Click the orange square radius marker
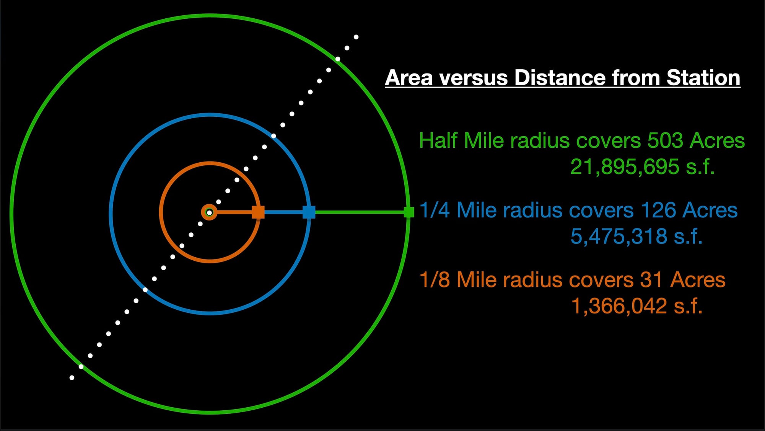coord(258,212)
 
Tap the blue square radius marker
coord(309,212)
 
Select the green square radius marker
coord(409,212)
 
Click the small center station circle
coord(209,212)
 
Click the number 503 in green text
coord(665,140)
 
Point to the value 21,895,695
coord(625,167)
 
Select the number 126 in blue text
coord(658,210)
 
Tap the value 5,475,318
coord(619,236)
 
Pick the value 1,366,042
coord(619,306)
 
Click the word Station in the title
coord(703,78)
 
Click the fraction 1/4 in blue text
coord(435,210)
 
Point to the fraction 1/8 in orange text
coord(435,280)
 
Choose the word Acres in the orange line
coord(698,280)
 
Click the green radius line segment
coord(360,212)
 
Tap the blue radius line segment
coord(283,212)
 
